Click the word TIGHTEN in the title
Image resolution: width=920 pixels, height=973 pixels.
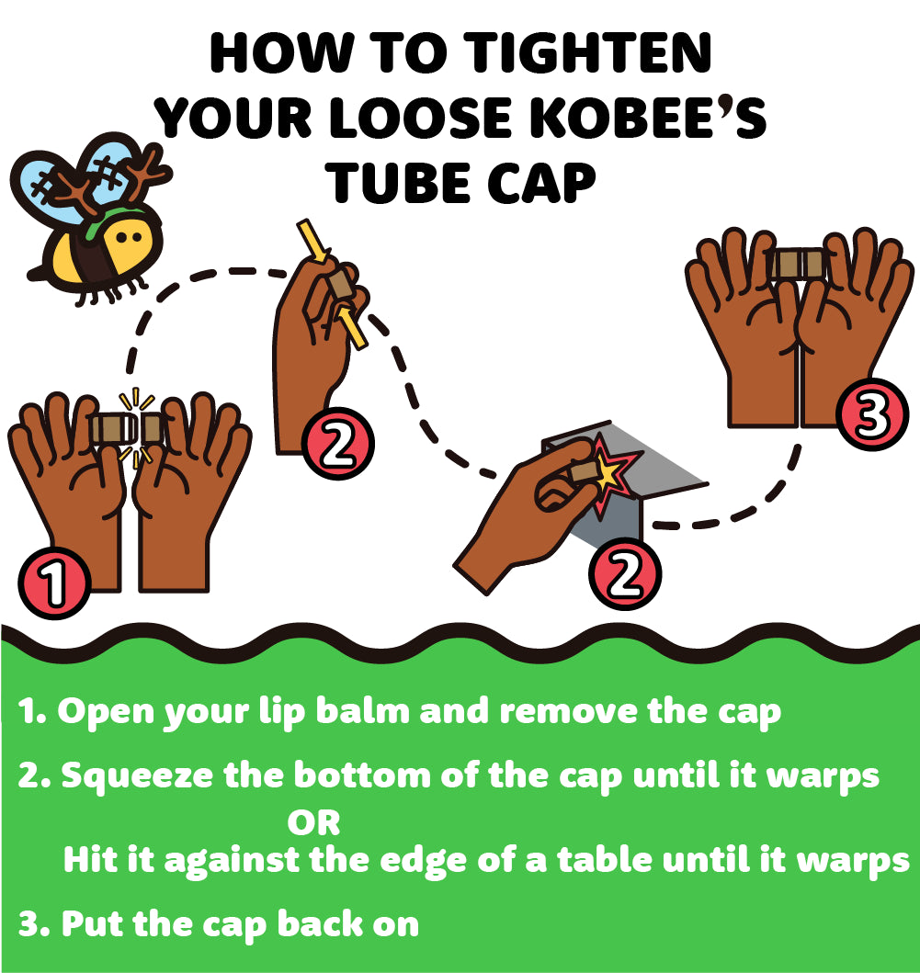pyautogui.click(x=588, y=53)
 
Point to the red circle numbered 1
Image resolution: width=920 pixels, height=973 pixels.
pyautogui.click(x=54, y=583)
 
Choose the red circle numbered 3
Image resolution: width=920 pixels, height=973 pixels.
pyautogui.click(x=872, y=413)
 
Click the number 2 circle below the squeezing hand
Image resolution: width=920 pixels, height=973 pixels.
pyautogui.click(x=337, y=443)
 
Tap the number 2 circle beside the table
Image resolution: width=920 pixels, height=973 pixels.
pyautogui.click(x=624, y=574)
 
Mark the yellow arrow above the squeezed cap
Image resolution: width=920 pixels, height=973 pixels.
pyautogui.click(x=312, y=240)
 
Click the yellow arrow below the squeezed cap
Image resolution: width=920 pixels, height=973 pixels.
pyautogui.click(x=351, y=327)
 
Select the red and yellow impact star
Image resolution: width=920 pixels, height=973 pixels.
pyautogui.click(x=611, y=475)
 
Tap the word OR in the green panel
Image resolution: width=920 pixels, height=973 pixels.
pyautogui.click(x=313, y=823)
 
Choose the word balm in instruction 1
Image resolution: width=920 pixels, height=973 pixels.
pyautogui.click(x=362, y=710)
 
